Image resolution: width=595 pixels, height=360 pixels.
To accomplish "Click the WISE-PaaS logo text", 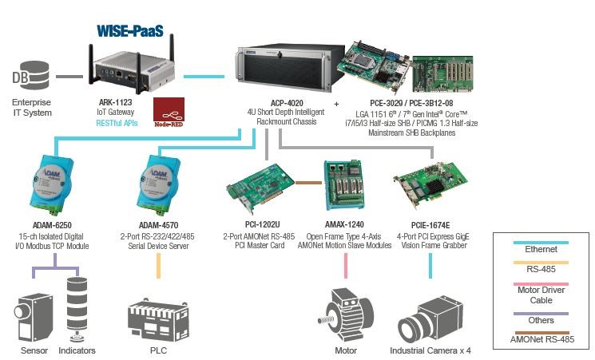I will pos(131,31).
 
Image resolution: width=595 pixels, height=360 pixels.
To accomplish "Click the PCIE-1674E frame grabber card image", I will pos(431,186).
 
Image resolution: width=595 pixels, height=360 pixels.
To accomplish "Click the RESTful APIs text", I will pos(118,124).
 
